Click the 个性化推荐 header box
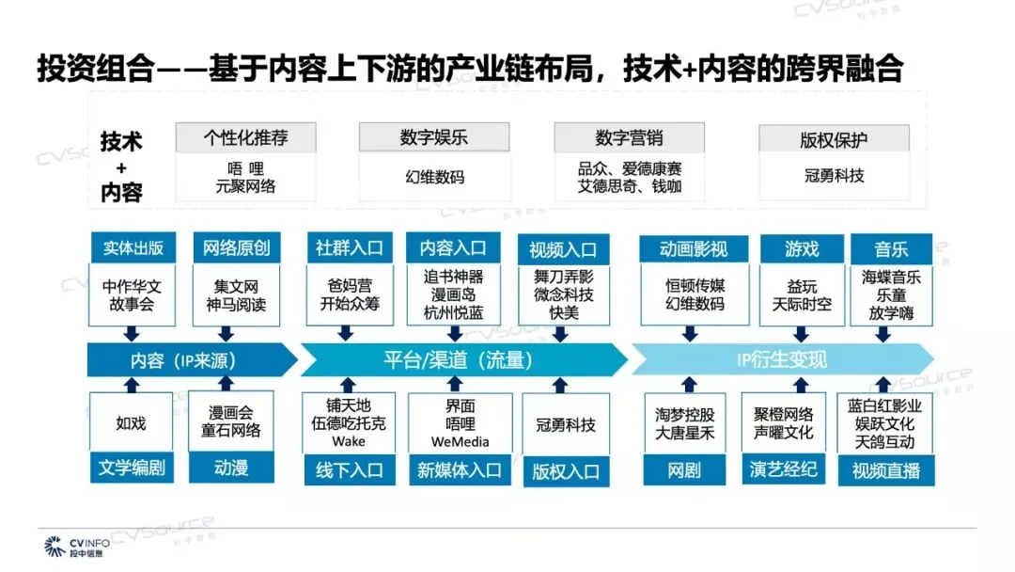tap(245, 137)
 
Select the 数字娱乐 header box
tap(433, 137)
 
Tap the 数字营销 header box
tap(629, 137)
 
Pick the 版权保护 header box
tap(834, 139)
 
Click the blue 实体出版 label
tap(133, 248)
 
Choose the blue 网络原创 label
tap(236, 248)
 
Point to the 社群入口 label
tap(350, 248)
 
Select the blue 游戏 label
tap(802, 248)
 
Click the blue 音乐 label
tap(891, 248)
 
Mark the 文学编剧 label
tap(132, 468)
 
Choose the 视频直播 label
tap(885, 470)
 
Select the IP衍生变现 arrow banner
tap(781, 359)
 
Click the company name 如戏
tap(132, 422)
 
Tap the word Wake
tap(349, 441)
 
